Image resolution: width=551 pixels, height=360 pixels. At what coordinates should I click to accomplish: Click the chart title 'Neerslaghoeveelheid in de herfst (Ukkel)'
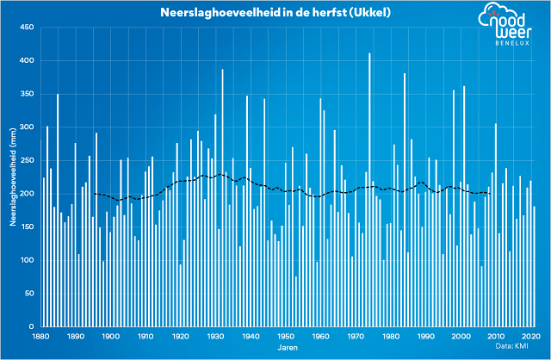266,13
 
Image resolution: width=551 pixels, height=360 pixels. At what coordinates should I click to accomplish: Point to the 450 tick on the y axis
26,28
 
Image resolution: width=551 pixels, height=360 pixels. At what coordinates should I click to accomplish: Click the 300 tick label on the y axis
26,127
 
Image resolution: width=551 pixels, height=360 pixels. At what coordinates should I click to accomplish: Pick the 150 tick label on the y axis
26,227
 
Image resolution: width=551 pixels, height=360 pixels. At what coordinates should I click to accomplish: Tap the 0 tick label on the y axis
30,326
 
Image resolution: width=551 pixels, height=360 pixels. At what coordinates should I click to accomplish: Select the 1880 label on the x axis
40,337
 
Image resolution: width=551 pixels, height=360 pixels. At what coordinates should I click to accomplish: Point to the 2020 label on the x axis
531,337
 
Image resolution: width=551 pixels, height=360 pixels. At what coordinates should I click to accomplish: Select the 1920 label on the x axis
181,337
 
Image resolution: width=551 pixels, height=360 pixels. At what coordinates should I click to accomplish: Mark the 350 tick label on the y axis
26,94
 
